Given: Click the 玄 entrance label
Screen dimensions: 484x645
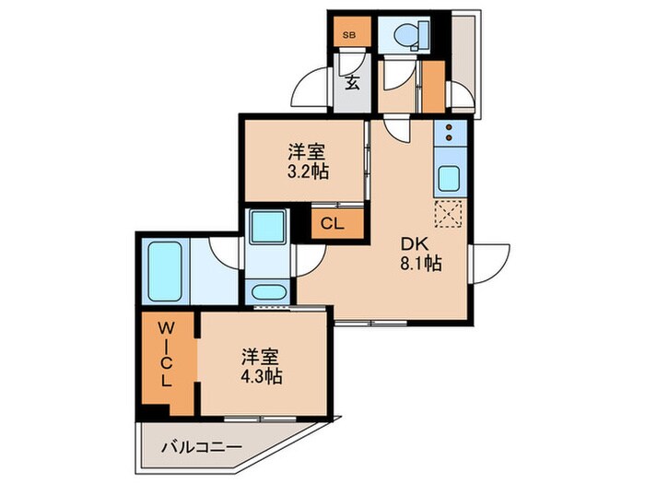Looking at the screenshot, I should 352,82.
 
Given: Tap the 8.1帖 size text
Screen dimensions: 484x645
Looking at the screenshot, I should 420,264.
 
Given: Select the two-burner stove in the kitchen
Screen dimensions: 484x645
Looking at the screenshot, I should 451,136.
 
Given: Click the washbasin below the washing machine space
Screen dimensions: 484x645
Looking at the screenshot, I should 270,295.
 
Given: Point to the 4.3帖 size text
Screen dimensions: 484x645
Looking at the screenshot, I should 262,376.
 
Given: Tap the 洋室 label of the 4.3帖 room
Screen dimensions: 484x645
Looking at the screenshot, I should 262,355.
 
